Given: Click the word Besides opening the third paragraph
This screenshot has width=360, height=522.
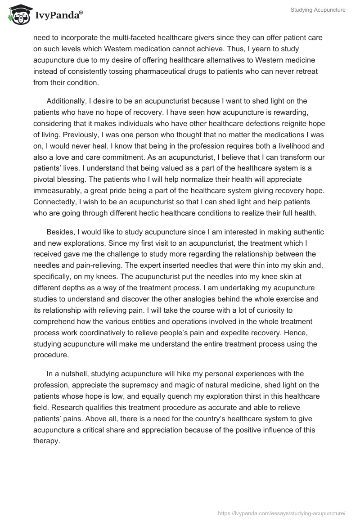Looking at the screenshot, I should [59, 232].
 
